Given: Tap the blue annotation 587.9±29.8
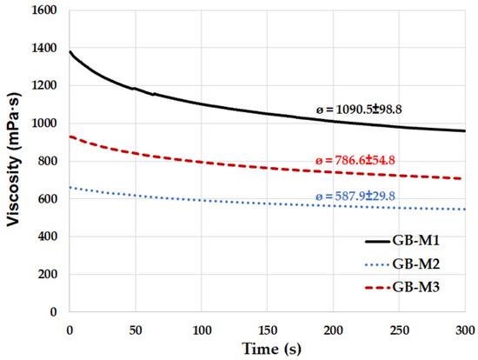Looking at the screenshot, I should (x=355, y=197).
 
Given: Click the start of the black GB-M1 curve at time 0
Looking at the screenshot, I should (x=70, y=52).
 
